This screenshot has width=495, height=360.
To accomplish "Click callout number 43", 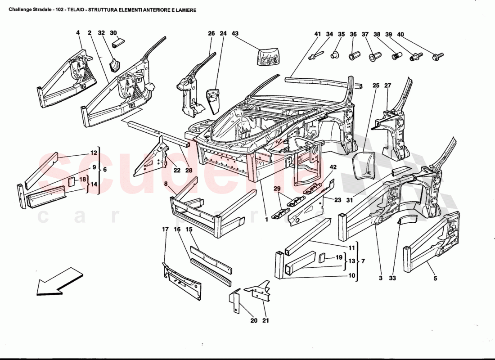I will (x=235, y=33).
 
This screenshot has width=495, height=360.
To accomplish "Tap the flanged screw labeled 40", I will (x=437, y=56).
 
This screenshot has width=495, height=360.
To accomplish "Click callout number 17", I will (x=165, y=229).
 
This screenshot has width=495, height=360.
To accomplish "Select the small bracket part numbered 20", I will (x=235, y=301).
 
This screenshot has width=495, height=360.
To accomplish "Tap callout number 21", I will (x=265, y=320).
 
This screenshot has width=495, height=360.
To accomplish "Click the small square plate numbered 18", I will (x=72, y=181).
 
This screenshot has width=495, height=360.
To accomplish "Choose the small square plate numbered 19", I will (x=323, y=258).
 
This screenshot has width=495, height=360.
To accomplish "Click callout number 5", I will (x=435, y=278).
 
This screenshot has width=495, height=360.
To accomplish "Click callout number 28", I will (x=189, y=170).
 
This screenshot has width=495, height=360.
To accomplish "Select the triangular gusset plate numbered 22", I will (x=156, y=157).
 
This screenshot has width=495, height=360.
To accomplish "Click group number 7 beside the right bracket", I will (x=363, y=261).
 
